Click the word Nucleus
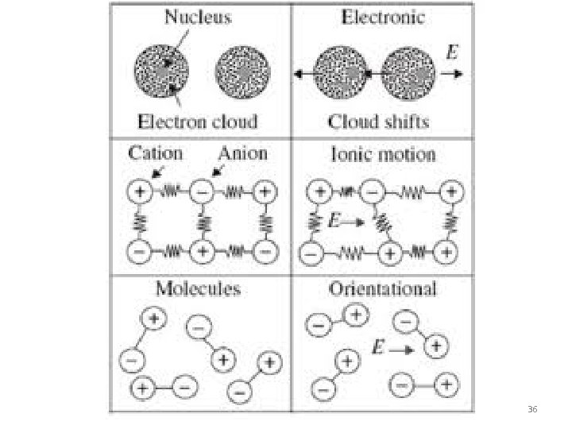click(198, 17)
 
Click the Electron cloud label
click(198, 122)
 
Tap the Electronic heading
click(383, 17)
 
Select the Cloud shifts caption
click(378, 122)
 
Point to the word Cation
click(156, 153)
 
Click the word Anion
click(243, 153)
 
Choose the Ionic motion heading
click(382, 153)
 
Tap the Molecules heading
click(198, 288)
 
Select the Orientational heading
click(382, 288)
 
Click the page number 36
click(531, 409)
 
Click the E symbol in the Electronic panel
click(451, 52)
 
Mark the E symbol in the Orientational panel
click(380, 347)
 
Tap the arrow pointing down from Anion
click(216, 172)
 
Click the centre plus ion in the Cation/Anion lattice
click(203, 252)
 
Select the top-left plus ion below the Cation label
click(140, 192)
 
